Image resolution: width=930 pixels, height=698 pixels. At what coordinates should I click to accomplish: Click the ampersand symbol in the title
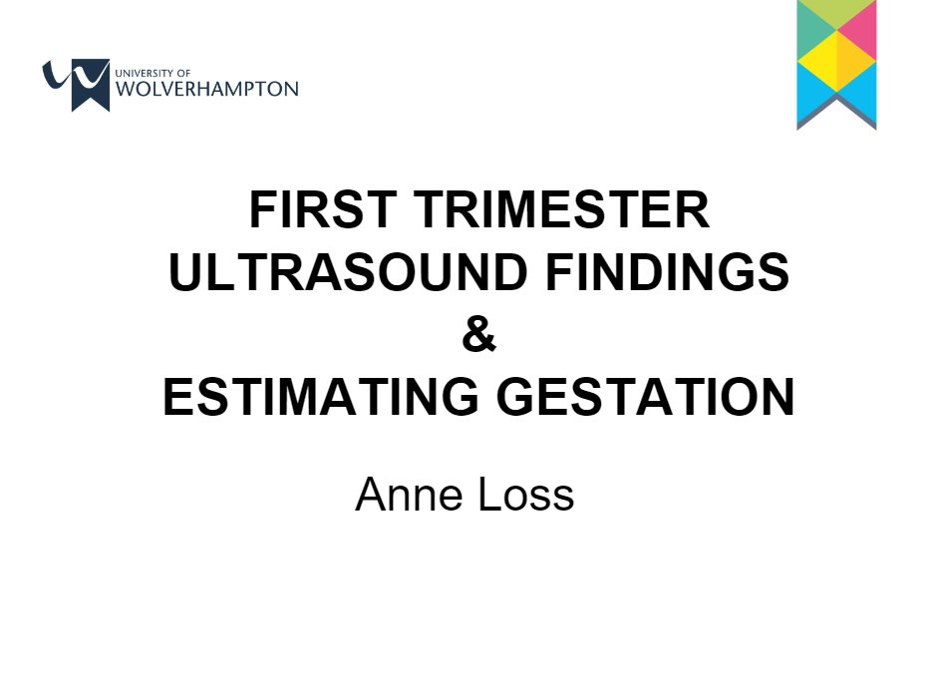tap(478, 336)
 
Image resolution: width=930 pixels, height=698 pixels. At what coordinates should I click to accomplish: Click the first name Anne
tap(405, 494)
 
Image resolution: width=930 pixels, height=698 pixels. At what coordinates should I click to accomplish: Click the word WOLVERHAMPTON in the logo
tap(207, 89)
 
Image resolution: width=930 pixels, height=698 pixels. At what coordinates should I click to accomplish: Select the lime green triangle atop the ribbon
tap(836, 12)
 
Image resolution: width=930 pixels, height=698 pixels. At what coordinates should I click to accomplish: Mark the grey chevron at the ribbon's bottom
tap(836, 118)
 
